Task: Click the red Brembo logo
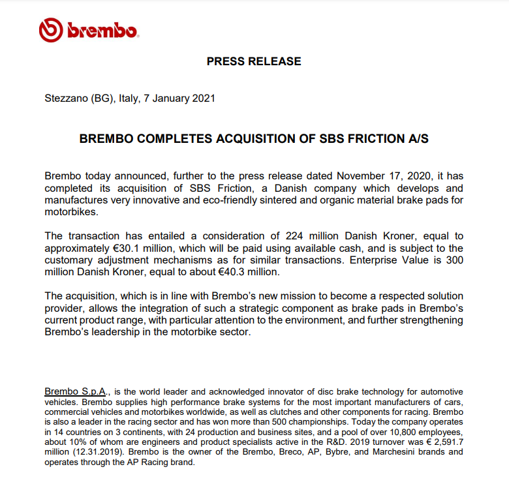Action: point(87,30)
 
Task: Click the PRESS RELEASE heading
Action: point(254,61)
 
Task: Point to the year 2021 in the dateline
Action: point(202,99)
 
